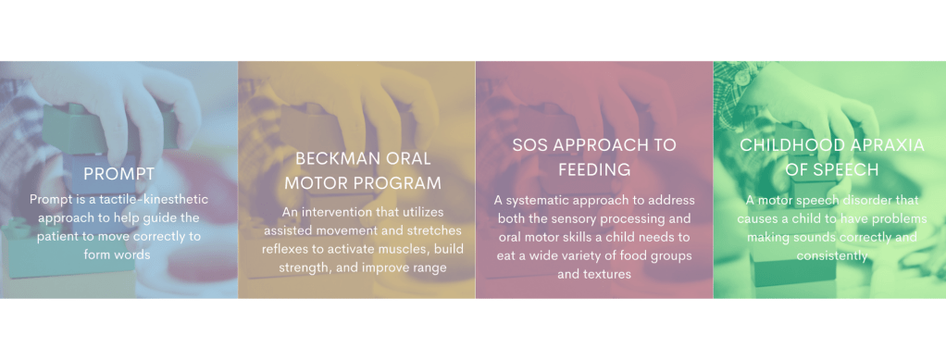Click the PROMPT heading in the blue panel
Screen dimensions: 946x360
point(118,174)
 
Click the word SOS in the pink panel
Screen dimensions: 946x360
point(533,145)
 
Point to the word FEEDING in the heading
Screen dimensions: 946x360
point(594,169)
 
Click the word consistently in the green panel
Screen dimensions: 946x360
point(832,255)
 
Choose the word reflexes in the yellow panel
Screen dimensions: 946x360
point(284,249)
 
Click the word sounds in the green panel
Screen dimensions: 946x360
point(806,237)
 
